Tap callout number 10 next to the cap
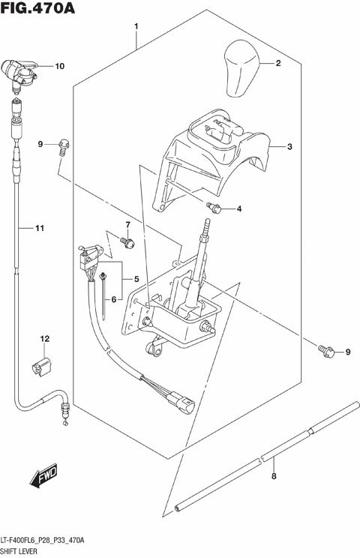click(60, 66)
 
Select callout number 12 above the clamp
click(44, 340)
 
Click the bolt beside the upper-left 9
click(64, 144)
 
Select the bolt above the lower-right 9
click(325, 348)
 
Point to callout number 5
click(136, 279)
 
